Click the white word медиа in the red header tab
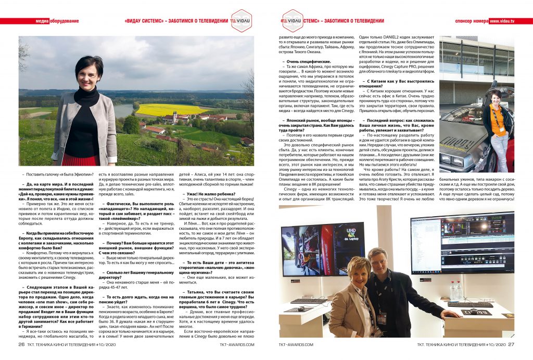coord(42,21)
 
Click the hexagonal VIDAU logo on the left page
coord(241,21)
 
